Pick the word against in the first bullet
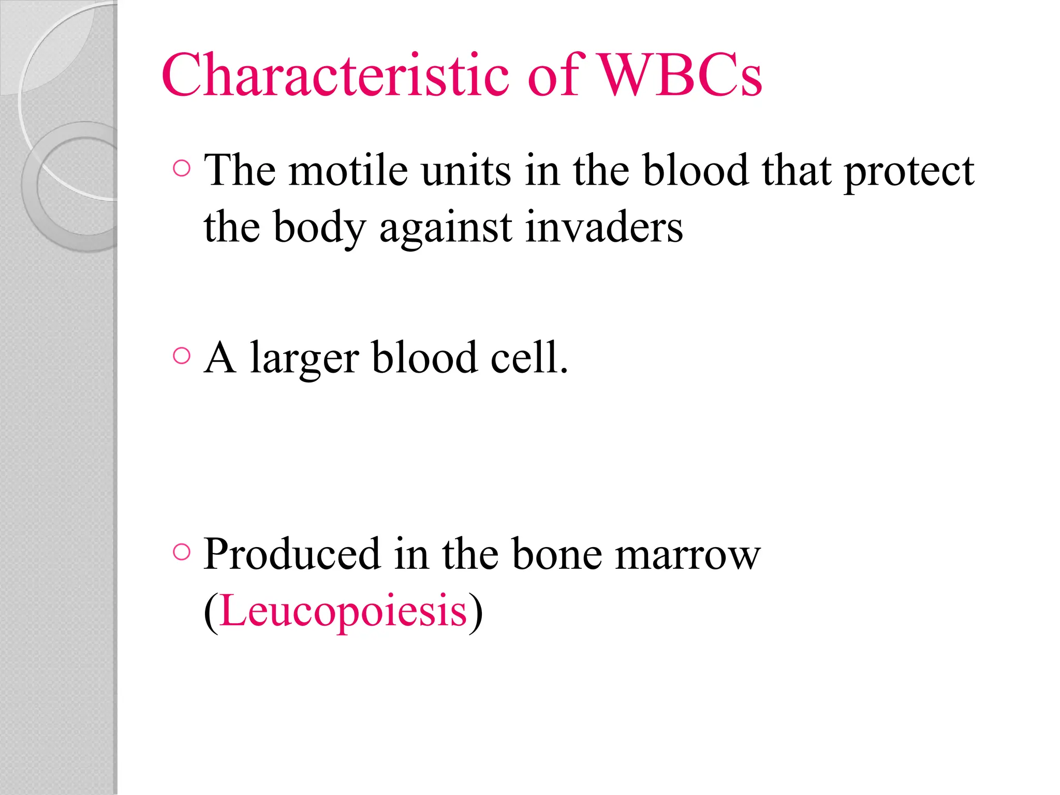446,229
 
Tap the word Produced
292,554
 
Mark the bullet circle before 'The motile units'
182,168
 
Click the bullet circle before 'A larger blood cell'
182,356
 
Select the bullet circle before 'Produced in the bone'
182,552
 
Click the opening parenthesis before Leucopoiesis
211,612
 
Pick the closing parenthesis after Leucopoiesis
476,612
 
